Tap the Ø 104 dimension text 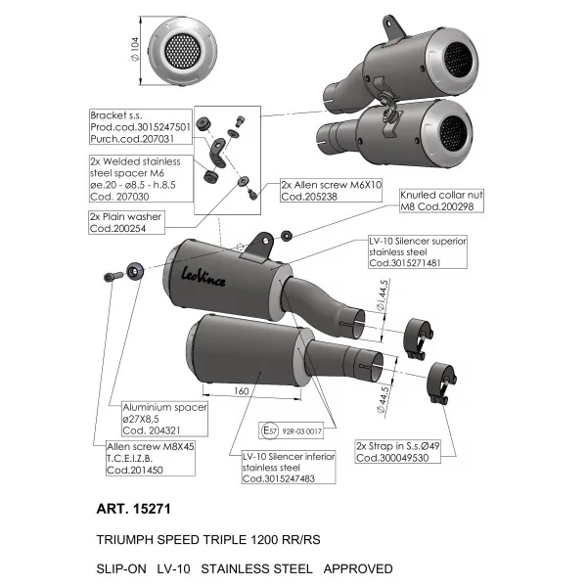point(135,49)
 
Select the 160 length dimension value point(242,390)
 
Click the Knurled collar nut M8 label point(441,201)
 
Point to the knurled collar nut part point(287,236)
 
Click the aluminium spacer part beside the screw point(135,271)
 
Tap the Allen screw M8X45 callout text point(150,458)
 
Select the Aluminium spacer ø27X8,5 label point(164,419)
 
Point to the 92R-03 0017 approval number point(301,431)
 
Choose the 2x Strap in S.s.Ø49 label point(397,452)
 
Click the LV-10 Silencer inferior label point(289,468)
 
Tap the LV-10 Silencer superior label point(418,252)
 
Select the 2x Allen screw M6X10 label point(332,191)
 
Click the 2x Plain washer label point(126,222)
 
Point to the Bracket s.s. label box point(141,127)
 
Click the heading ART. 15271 point(134,509)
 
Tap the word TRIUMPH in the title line point(125,540)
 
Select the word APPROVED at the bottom point(358,569)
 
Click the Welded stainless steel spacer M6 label point(141,179)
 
